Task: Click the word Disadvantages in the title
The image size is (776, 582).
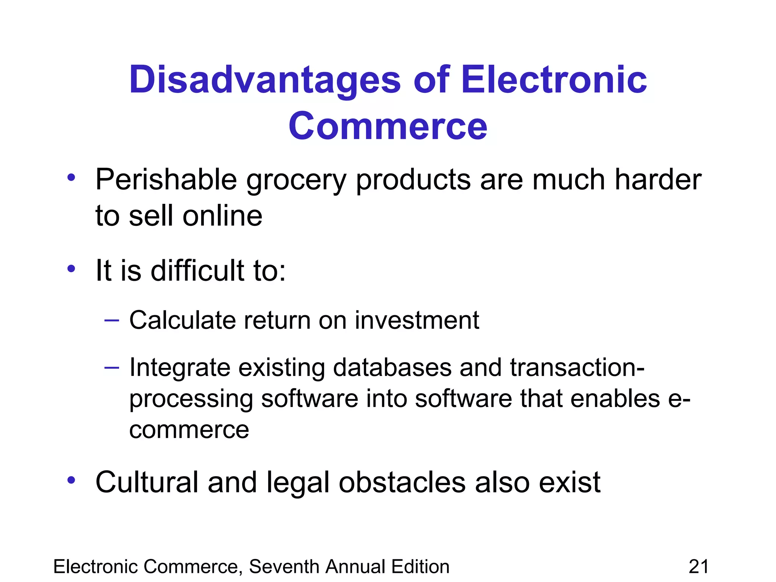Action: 265,80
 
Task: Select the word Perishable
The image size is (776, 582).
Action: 166,180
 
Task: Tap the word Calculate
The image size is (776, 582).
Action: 183,320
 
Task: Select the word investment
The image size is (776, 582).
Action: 417,320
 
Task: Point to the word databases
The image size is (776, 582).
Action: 392,368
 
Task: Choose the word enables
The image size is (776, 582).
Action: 615,399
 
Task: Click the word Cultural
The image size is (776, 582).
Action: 147,482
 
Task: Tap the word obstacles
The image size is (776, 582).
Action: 402,482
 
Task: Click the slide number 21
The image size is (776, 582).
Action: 698,567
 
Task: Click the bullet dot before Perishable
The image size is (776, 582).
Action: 71,177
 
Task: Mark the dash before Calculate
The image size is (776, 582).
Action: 112,321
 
